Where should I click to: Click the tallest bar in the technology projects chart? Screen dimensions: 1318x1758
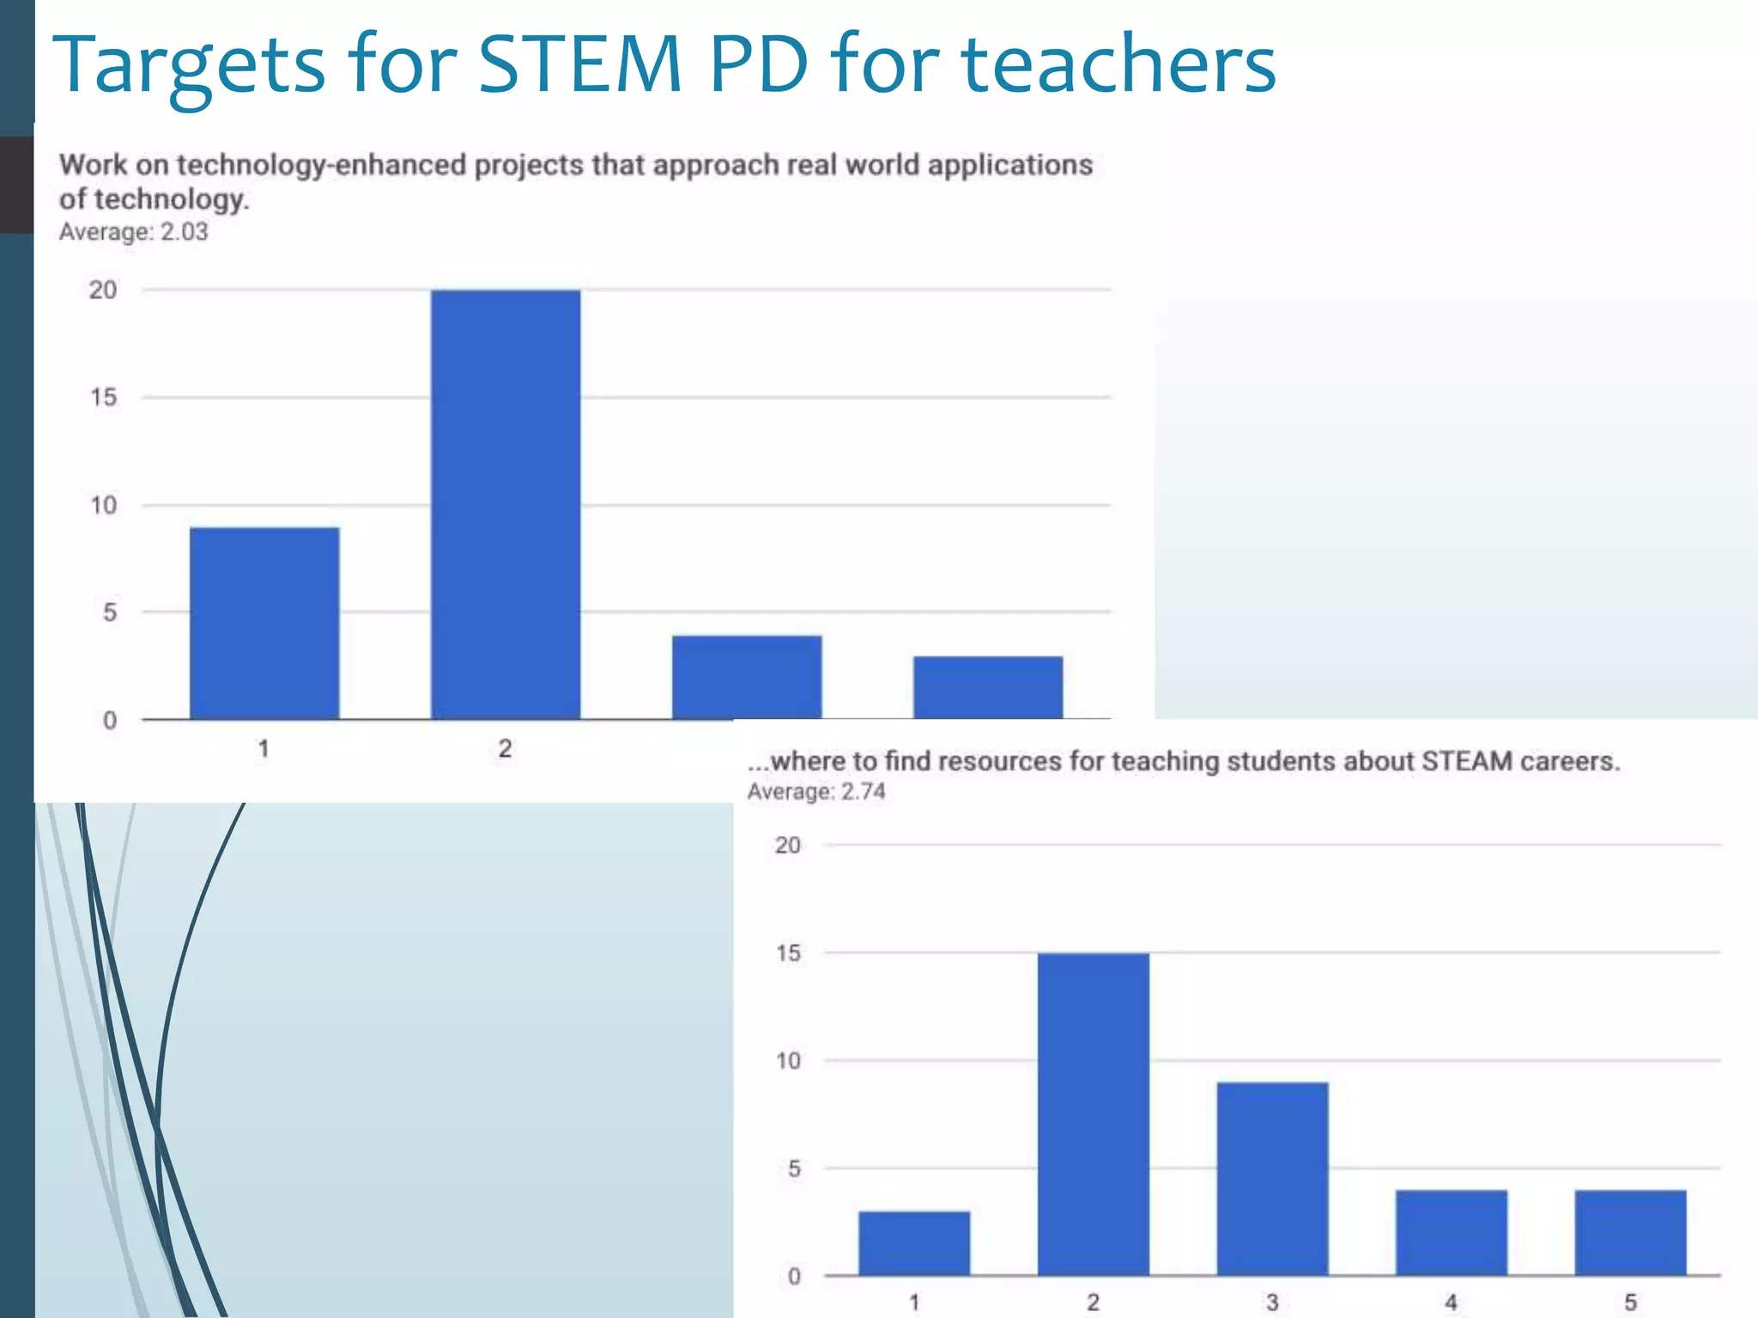506,505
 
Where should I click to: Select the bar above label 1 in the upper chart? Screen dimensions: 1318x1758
264,623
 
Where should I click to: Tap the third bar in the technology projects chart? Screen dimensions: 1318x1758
747,677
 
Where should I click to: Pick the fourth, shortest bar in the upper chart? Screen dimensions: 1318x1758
988,687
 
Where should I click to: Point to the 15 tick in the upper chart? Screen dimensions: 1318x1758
103,397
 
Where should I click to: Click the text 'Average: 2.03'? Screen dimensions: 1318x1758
133,233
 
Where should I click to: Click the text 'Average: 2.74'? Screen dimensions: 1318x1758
815,791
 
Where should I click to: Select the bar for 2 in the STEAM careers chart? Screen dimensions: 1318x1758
1093,1114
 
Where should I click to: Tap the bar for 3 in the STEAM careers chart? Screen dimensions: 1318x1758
1272,1179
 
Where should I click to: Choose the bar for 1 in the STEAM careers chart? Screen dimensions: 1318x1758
914,1243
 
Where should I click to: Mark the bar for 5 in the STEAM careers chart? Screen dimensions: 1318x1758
1630,1233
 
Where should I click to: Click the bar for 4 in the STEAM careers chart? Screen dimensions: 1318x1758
1452,1233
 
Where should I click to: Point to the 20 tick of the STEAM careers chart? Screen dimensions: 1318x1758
787,845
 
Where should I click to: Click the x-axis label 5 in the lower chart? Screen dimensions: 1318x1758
1630,1303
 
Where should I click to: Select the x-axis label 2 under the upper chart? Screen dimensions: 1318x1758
505,748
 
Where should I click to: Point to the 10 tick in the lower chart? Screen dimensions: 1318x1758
787,1061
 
